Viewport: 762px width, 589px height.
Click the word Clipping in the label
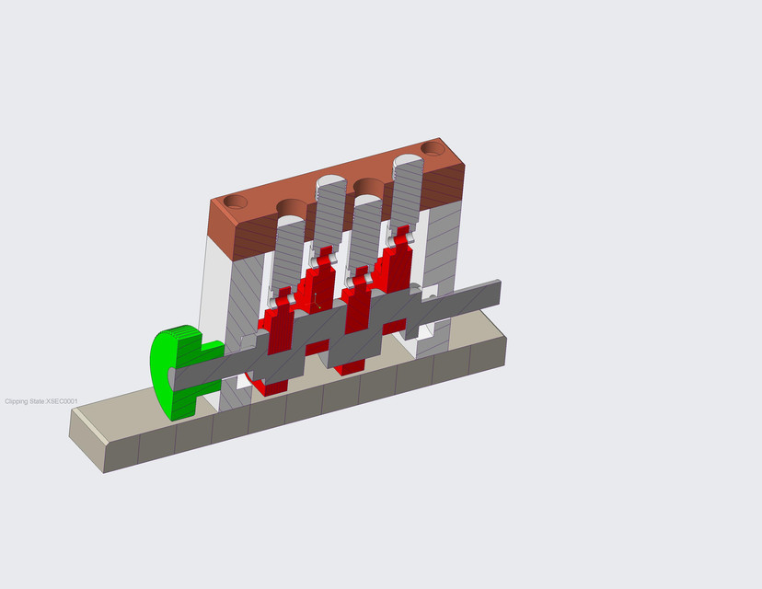tap(17, 402)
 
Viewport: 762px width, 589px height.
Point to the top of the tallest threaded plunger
tap(408, 164)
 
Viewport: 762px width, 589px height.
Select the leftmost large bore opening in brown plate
tap(293, 206)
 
